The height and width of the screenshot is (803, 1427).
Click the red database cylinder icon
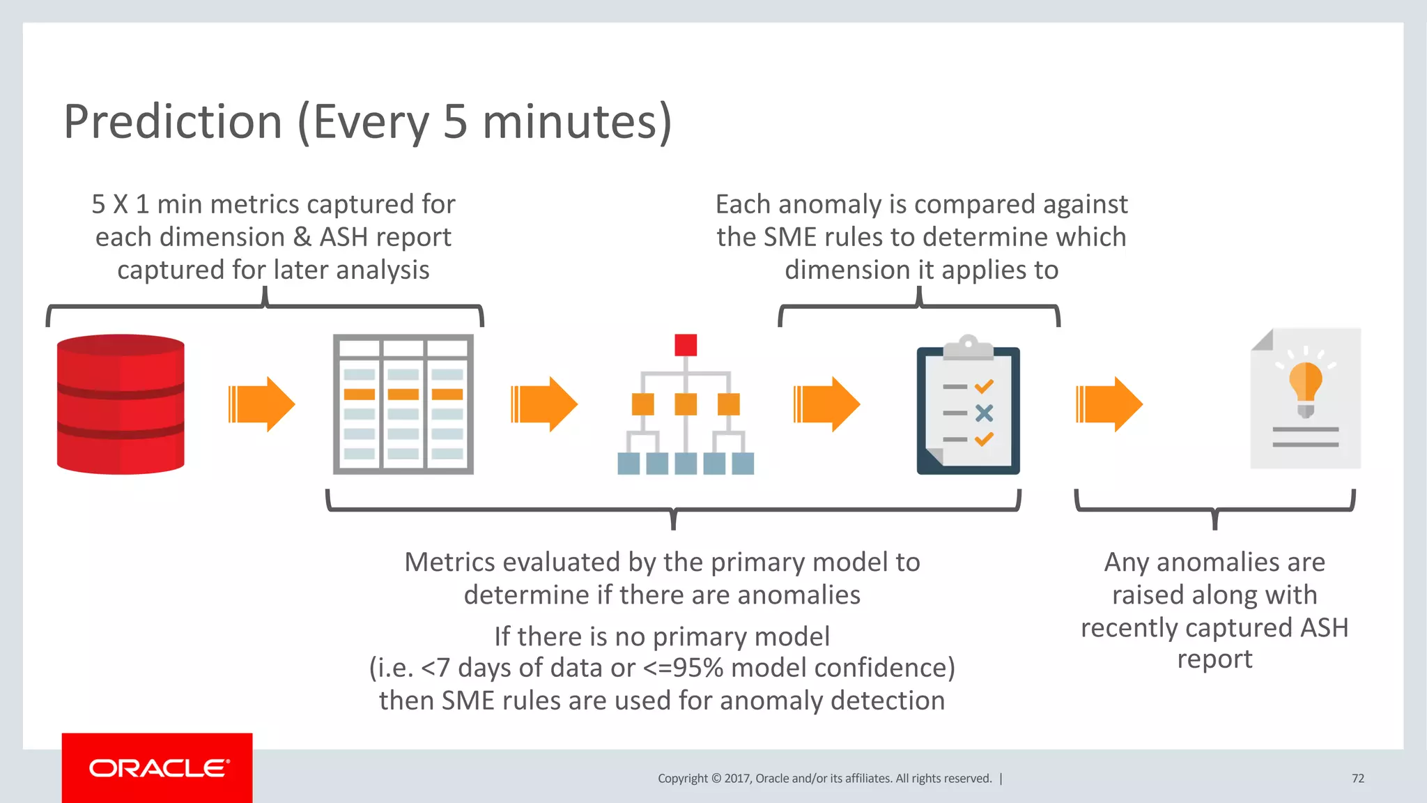tap(121, 404)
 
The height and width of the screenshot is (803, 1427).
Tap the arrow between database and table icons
tap(262, 404)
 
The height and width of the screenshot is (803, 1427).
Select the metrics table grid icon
tap(403, 404)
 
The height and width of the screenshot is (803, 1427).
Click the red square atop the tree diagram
tap(686, 345)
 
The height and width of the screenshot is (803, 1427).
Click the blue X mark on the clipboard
tap(984, 413)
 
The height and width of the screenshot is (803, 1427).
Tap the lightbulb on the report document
tap(1305, 387)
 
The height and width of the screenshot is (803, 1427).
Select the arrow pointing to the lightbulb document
tap(1109, 404)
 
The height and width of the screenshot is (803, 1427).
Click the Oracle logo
tap(157, 768)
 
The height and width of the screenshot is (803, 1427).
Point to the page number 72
tap(1357, 779)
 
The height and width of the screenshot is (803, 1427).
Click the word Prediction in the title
tap(173, 122)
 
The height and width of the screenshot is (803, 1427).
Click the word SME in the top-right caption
tap(789, 237)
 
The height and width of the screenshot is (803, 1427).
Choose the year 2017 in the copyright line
tap(736, 779)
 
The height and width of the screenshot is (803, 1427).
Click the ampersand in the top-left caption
tap(302, 237)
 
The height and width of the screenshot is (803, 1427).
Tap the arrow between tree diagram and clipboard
tap(827, 404)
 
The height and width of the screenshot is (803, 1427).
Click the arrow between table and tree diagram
tap(544, 404)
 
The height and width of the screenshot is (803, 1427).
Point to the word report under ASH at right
tap(1214, 659)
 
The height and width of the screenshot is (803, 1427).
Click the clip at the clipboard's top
tap(968, 346)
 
